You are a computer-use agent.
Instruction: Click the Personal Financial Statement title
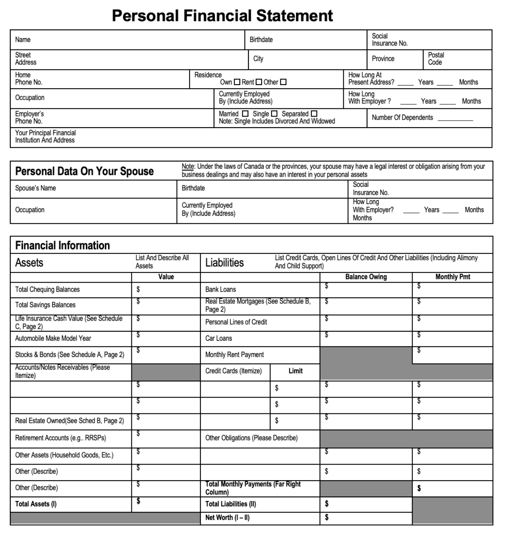pos(222,16)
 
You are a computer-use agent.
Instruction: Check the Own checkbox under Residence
pos(237,82)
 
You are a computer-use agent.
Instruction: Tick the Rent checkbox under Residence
pos(259,82)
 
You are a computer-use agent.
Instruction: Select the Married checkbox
pos(245,114)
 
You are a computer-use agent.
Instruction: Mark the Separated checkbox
pos(314,114)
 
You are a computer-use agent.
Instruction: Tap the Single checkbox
pos(274,114)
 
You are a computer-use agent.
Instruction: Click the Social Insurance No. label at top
pos(389,40)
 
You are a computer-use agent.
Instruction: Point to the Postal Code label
pos(436,58)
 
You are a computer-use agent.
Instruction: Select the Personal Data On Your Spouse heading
pos(84,171)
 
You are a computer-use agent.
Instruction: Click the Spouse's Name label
pos(36,188)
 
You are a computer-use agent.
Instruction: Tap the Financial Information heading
pos(63,245)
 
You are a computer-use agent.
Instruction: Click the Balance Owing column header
pos(366,277)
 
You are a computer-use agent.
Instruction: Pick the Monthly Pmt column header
pos(453,277)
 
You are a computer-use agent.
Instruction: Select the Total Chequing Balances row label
pos(47,290)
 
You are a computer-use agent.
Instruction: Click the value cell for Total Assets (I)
pos(166,504)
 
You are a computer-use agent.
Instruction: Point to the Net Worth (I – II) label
pos(227,518)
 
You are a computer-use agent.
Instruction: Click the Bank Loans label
pos(221,290)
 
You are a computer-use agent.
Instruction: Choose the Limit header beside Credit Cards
pos(295,371)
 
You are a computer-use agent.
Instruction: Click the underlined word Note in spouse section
pos(187,167)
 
